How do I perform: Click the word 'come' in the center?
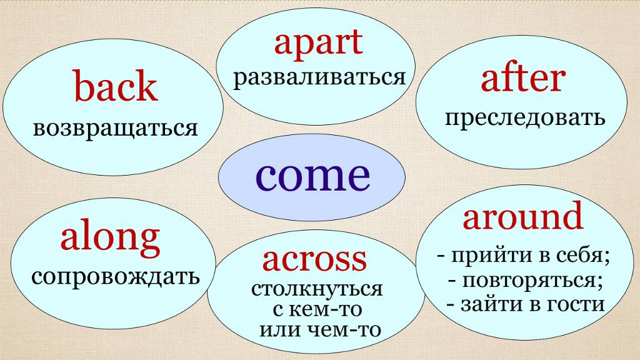pos(312,176)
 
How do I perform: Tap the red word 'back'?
pos(116,88)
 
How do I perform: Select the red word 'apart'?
pos(318,43)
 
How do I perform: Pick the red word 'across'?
pos(314,260)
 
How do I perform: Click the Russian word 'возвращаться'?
pos(116,128)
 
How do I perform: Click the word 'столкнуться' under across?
pos(317,290)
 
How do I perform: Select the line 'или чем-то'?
pos(319,329)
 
